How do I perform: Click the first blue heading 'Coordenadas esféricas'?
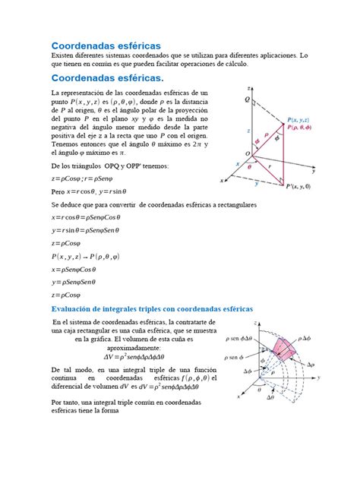click(106, 47)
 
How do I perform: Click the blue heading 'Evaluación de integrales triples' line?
click(152, 308)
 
